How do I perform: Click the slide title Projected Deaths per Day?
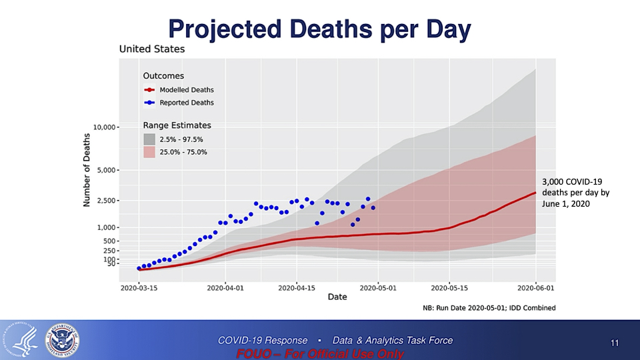[319, 29]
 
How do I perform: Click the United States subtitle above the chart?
[151, 49]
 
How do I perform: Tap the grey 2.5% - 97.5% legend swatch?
[149, 139]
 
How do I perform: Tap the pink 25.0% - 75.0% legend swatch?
[149, 152]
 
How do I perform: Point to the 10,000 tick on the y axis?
[105, 127]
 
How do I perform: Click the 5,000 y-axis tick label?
[107, 170]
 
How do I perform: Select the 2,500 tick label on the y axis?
[107, 201]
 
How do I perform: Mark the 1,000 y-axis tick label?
[107, 227]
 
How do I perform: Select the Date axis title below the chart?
[337, 297]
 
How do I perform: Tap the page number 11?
[615, 343]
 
